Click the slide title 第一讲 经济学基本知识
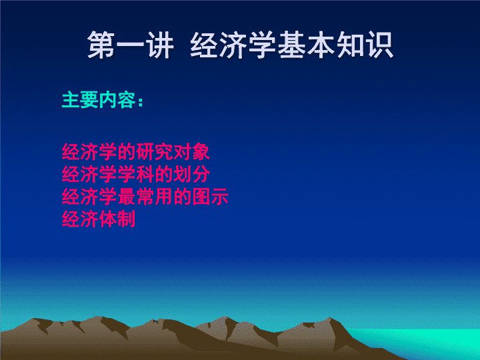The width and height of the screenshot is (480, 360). [240, 45]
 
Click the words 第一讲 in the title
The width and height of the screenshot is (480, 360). [131, 45]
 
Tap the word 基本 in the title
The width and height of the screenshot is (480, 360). [307, 45]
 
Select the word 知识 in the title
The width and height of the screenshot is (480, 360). [365, 45]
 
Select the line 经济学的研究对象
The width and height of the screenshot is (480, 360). [136, 151]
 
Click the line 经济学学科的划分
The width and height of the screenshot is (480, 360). [136, 174]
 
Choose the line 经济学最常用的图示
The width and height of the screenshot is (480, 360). [145, 196]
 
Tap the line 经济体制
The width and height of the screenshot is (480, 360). [99, 219]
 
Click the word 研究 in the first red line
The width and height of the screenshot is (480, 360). [154, 151]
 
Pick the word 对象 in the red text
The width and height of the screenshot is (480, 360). [191, 151]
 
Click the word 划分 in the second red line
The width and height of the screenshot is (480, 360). [191, 174]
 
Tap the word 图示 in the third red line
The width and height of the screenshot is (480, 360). [210, 196]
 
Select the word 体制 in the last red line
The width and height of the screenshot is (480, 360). [117, 219]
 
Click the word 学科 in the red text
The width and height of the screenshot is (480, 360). [136, 174]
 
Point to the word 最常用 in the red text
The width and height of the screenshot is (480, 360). [145, 196]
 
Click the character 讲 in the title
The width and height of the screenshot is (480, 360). [161, 45]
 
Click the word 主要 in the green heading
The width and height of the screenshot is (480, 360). [80, 100]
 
